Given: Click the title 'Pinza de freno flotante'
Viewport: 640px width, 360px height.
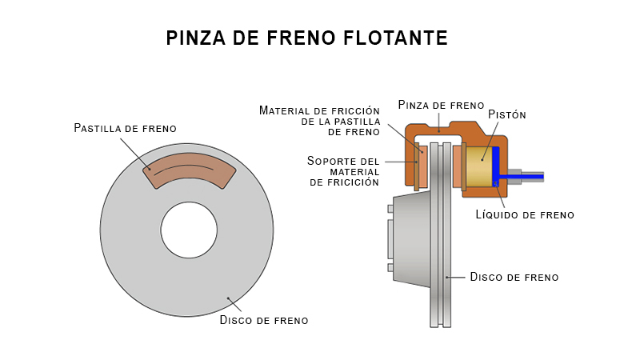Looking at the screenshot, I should (x=306, y=38).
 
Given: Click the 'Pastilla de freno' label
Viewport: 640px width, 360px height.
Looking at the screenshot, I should (x=125, y=128).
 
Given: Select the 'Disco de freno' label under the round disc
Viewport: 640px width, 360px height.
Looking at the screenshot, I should (x=264, y=320).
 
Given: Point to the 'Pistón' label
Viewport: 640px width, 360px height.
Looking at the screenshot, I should (x=507, y=114).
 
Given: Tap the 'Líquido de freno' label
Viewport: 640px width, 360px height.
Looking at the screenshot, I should (x=525, y=214).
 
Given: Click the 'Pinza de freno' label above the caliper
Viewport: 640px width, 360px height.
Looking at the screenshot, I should (x=441, y=105).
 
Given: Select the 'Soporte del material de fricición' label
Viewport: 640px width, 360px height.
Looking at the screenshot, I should (x=343, y=171).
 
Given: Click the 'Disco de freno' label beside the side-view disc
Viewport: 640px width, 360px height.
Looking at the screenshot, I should (x=514, y=277).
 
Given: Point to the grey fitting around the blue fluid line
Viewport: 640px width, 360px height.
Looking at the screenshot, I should (x=513, y=177).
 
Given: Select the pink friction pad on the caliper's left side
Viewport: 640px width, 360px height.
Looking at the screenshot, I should (x=423, y=166).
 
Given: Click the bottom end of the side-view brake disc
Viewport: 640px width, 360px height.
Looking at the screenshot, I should (x=441, y=320).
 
